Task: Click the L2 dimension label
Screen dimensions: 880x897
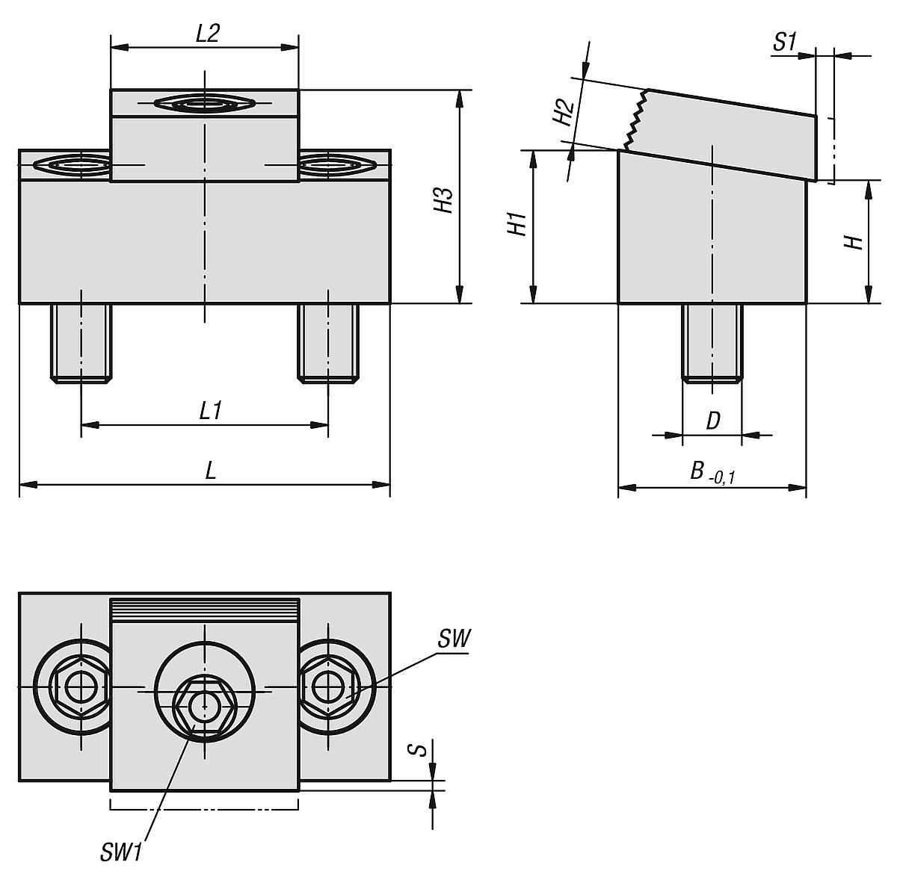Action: pyautogui.click(x=207, y=34)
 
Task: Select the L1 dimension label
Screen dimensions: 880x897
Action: pyautogui.click(x=209, y=411)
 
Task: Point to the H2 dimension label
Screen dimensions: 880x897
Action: pyautogui.click(x=562, y=112)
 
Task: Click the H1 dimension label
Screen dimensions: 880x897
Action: pyautogui.click(x=517, y=224)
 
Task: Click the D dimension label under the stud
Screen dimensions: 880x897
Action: pyautogui.click(x=712, y=421)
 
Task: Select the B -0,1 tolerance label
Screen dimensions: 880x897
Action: pyautogui.click(x=712, y=472)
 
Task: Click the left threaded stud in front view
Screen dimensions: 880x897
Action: pyautogui.click(x=81, y=342)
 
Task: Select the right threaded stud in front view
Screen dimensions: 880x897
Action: pyautogui.click(x=328, y=342)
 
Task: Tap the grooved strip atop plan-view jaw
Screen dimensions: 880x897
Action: pyautogui.click(x=204, y=611)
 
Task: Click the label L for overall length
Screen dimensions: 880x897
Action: pyautogui.click(x=211, y=471)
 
